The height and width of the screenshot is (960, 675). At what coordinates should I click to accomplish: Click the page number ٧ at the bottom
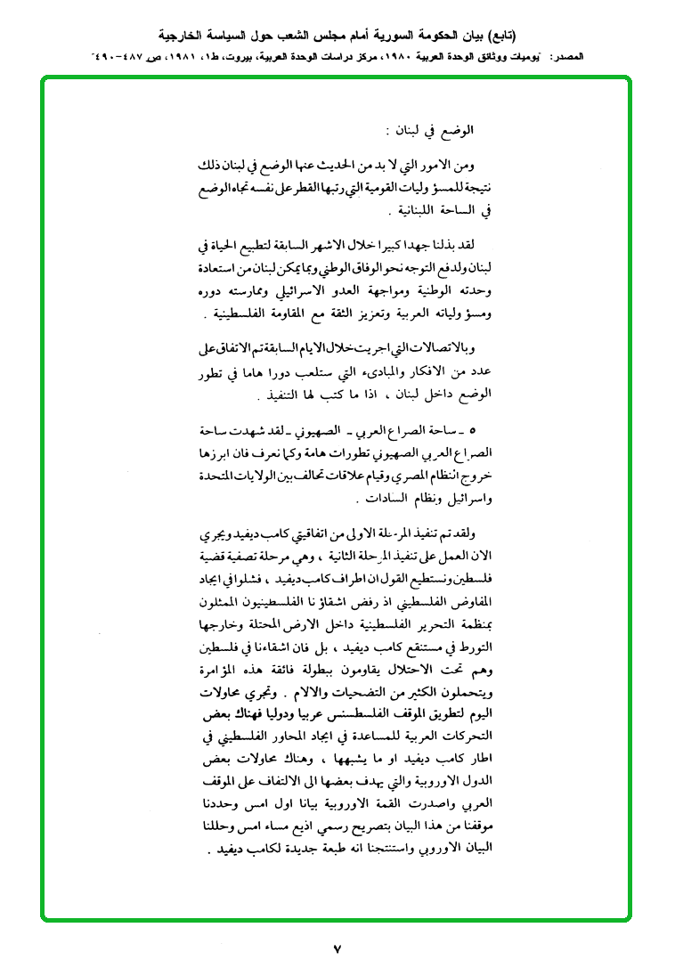click(x=337, y=943)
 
